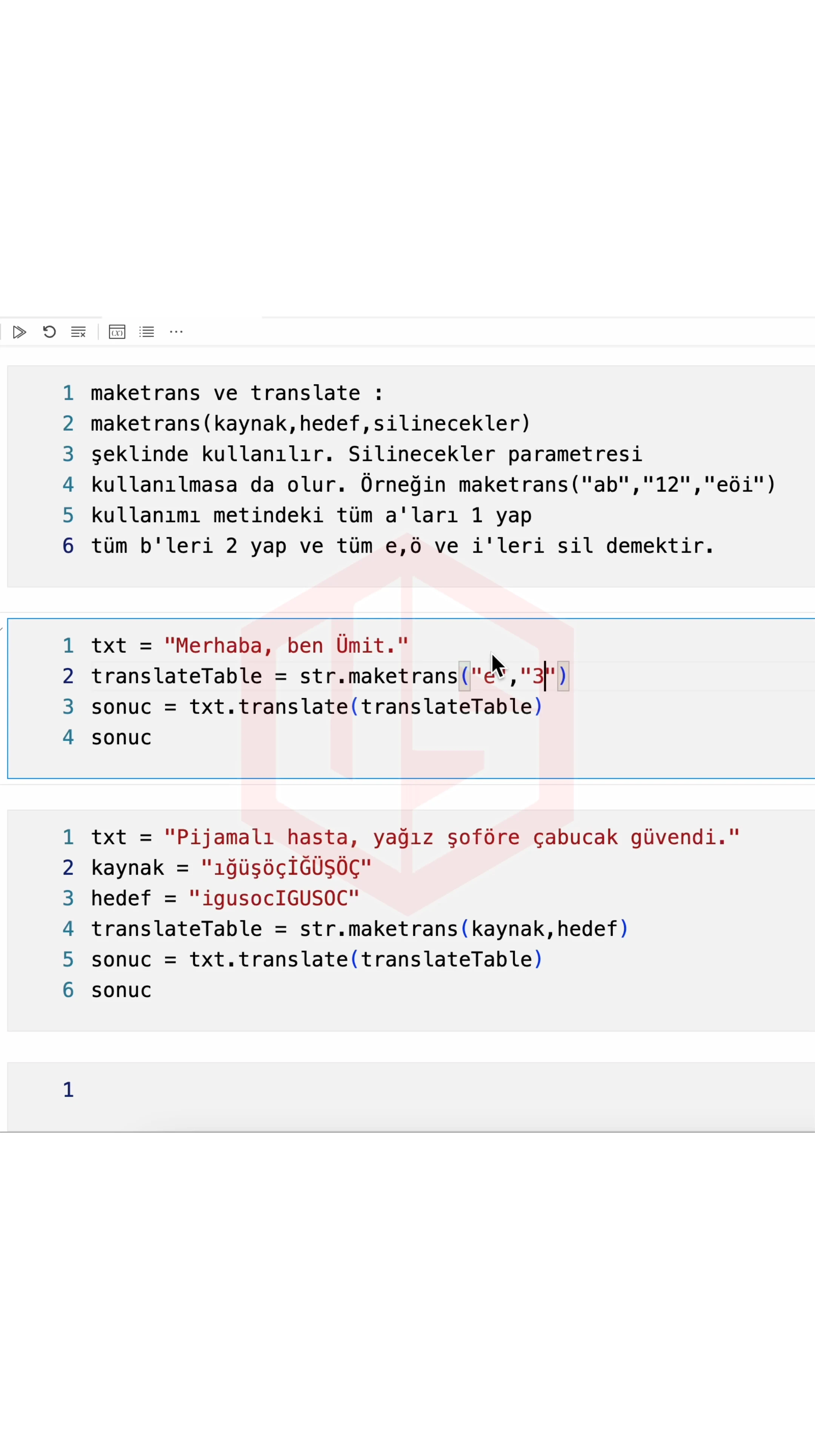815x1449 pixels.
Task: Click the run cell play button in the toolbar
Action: click(19, 332)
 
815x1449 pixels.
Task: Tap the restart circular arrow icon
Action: click(49, 332)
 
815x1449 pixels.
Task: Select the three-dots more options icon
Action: click(176, 332)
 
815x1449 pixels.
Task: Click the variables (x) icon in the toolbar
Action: click(117, 332)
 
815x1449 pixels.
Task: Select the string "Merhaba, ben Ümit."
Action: click(286, 645)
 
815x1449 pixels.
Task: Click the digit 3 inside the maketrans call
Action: click(538, 675)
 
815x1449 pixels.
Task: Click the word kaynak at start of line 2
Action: click(128, 868)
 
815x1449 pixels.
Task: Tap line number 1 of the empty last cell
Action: click(68, 1089)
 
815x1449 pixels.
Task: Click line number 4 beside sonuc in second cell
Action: click(68, 737)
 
